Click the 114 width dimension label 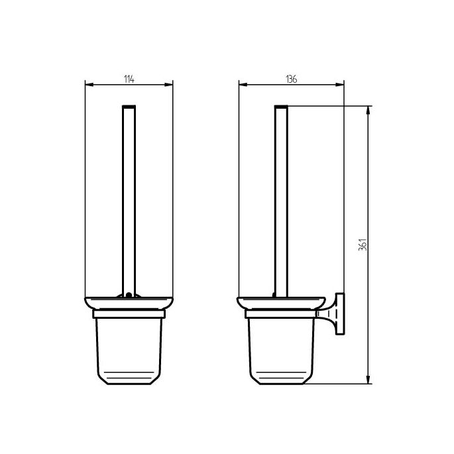129,79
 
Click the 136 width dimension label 291,79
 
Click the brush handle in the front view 129,199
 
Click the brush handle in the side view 281,199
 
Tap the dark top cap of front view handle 129,106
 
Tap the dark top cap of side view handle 281,106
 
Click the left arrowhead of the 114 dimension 89,84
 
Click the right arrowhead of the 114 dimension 170,84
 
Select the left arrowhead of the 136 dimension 241,84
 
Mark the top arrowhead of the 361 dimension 368,108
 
